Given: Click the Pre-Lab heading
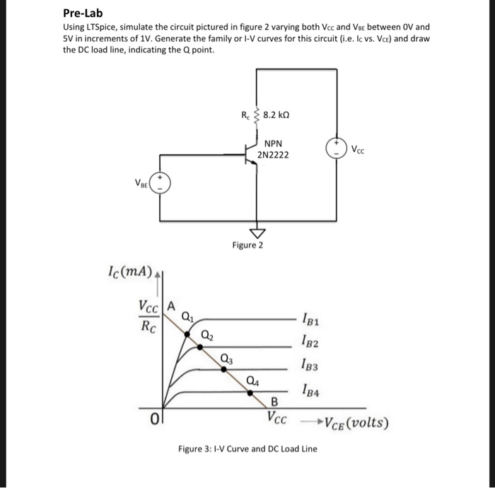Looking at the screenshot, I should point(82,13).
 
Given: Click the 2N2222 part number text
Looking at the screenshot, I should point(274,154).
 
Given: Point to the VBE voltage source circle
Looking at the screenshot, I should point(159,185).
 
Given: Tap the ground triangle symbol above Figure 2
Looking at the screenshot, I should point(256,233).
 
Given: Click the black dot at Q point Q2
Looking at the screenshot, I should point(200,346).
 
